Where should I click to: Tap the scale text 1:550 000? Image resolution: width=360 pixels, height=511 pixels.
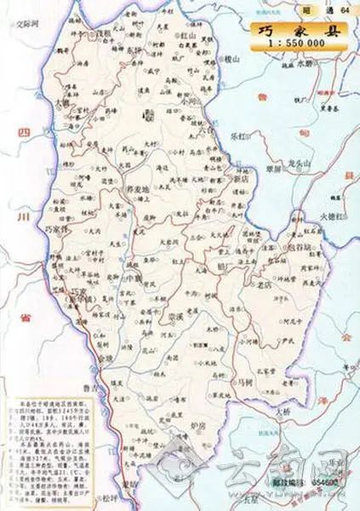pyautogui.click(x=294, y=41)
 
